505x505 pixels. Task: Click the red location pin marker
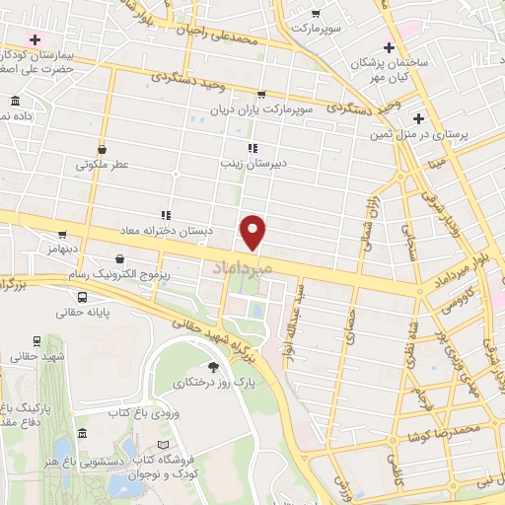253,231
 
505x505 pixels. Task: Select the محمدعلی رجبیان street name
230,37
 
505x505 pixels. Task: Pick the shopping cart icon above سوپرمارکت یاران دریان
260,96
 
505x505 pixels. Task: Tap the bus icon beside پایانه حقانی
36,340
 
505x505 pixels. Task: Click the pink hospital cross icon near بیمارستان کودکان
36,39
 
